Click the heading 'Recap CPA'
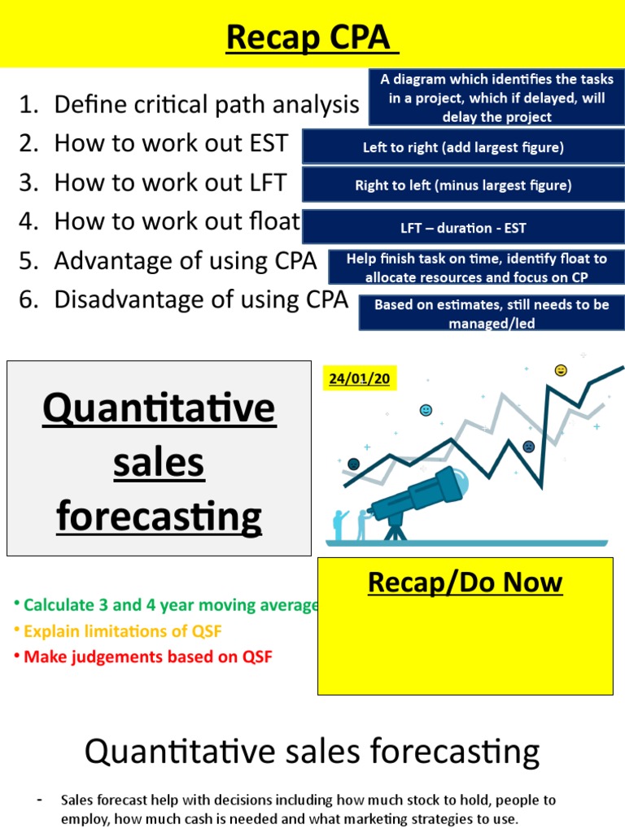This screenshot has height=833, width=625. [312, 37]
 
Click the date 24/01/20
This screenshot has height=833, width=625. [360, 379]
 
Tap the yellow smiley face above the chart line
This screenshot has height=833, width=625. [561, 370]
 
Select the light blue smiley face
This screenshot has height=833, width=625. [426, 410]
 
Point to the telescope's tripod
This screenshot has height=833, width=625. [396, 530]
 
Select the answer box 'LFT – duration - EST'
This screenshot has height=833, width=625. [463, 229]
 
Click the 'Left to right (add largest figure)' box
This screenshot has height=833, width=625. [463, 147]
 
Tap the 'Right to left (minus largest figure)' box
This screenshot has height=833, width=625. [463, 185]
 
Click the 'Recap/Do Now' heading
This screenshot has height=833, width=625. [465, 582]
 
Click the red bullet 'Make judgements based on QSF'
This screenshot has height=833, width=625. [147, 657]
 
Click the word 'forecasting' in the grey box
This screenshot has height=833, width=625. [160, 516]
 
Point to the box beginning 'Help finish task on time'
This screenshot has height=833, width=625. [476, 268]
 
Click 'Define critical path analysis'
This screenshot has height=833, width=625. [206, 104]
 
